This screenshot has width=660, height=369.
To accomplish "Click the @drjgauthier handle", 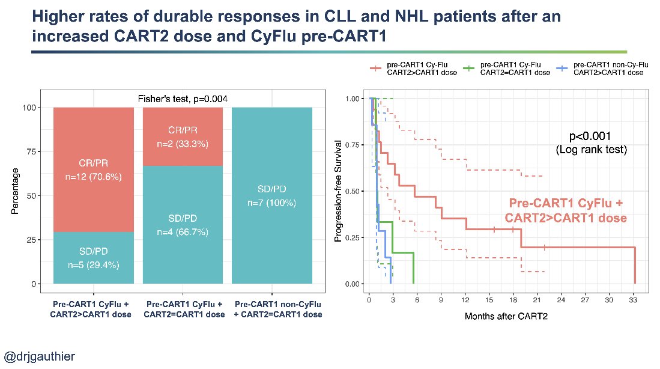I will [40, 356].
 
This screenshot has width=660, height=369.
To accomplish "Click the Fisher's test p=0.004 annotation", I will [183, 99].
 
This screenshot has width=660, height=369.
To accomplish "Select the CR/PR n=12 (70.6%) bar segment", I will [94, 170].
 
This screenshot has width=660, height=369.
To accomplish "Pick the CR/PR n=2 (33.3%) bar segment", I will [183, 136].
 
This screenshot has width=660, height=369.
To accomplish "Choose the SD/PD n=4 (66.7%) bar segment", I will [183, 223].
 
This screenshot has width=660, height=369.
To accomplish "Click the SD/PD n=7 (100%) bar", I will [271, 196].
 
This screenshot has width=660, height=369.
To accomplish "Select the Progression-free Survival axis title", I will [338, 192].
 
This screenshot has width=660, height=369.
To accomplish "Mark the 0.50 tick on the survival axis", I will [354, 191].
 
